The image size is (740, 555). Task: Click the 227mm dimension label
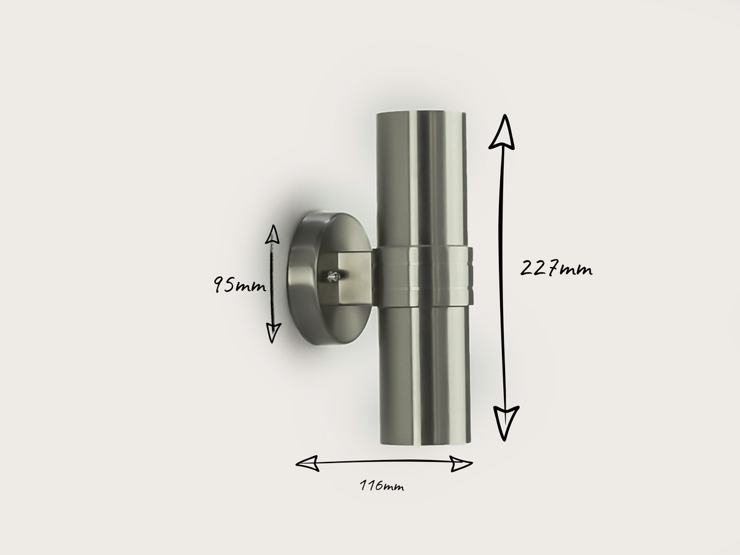coord(556,269)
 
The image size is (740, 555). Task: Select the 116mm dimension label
coord(382,486)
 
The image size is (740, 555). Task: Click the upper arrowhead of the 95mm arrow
coord(272,234)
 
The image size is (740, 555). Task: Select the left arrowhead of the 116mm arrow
coord(307,463)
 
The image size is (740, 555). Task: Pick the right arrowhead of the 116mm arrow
coord(461,464)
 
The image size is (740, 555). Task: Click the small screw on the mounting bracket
coord(334,277)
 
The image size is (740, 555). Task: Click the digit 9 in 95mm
coord(220,284)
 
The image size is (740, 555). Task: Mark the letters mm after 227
coord(577,270)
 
